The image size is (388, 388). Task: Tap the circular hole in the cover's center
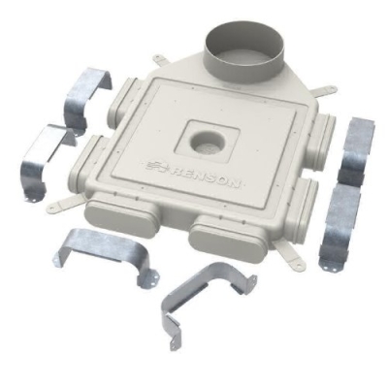(206, 143)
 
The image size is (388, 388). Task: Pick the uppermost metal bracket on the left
(84, 97)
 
